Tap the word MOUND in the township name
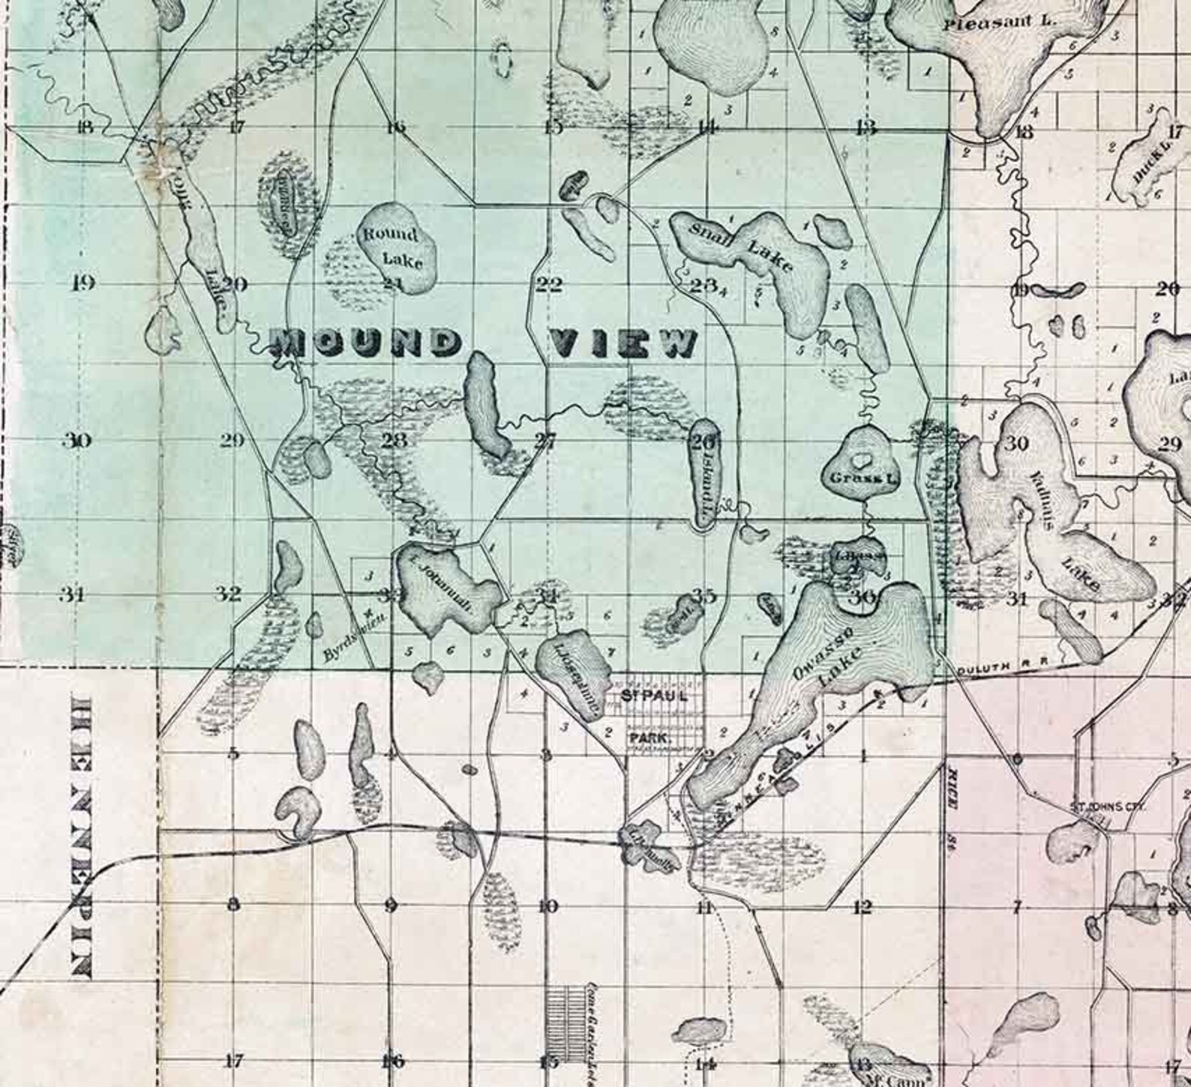pyautogui.click(x=364, y=343)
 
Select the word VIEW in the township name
pyautogui.click(x=623, y=343)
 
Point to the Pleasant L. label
pyautogui.click(x=999, y=22)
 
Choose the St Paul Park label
pyautogui.click(x=649, y=716)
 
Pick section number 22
pyautogui.click(x=548, y=284)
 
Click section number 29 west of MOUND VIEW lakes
pyautogui.click(x=232, y=440)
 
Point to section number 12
pyautogui.click(x=862, y=907)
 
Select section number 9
pyautogui.click(x=390, y=907)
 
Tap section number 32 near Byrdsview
pyautogui.click(x=229, y=594)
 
